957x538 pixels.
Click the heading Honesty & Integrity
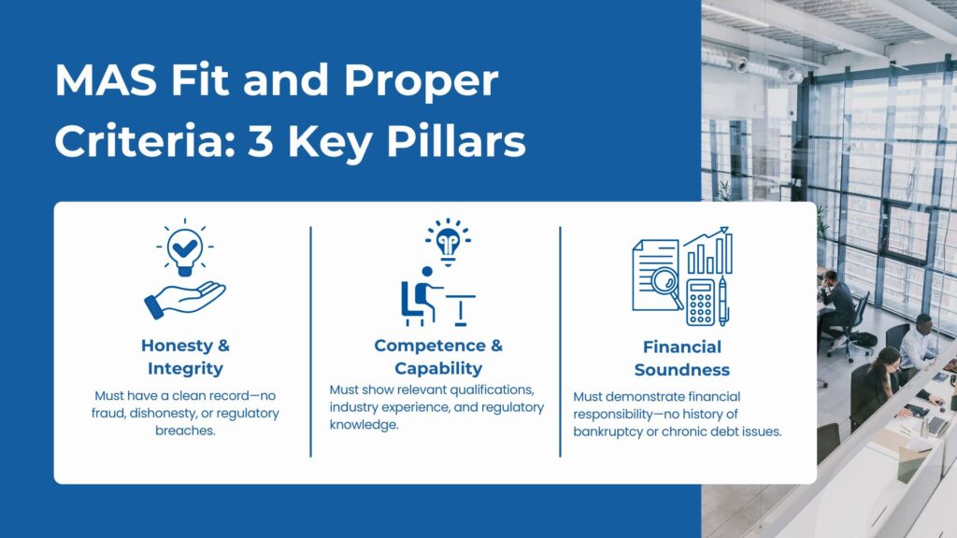click(x=185, y=357)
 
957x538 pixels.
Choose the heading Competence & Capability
click(x=438, y=357)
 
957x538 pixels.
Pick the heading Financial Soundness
click(x=682, y=357)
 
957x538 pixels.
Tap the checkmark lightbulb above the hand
click(x=185, y=247)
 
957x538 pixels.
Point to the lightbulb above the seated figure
click(x=448, y=241)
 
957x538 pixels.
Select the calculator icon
click(x=700, y=301)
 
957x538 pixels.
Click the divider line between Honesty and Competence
click(x=310, y=341)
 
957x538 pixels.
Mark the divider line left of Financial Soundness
click(x=560, y=341)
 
